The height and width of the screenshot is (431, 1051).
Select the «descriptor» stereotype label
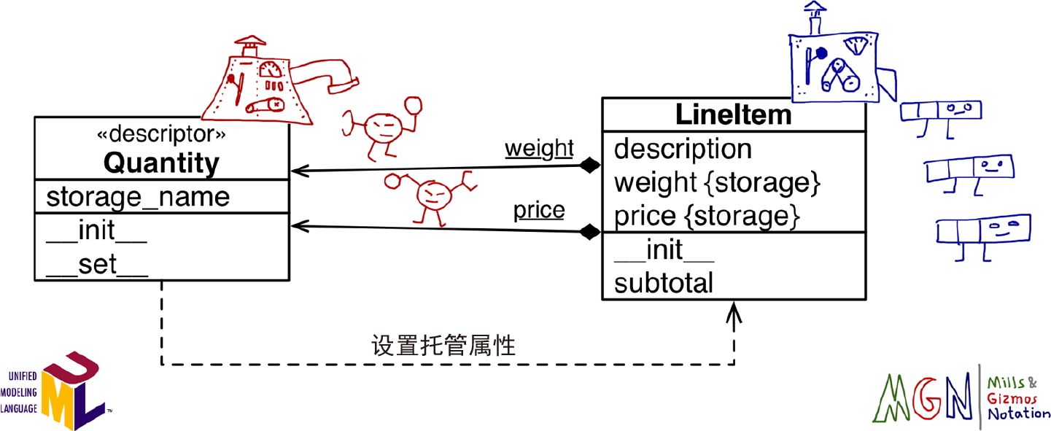click(161, 134)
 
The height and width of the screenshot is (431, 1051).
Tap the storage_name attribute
click(138, 196)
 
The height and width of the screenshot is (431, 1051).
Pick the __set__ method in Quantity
click(97, 264)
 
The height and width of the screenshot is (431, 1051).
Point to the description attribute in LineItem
click(683, 149)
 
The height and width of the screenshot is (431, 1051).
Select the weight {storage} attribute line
click(718, 182)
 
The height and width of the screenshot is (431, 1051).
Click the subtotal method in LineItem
click(664, 283)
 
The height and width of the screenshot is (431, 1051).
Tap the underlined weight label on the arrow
click(540, 148)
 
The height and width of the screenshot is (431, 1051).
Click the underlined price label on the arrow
click(539, 211)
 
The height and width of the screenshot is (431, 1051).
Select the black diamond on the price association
click(589, 233)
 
